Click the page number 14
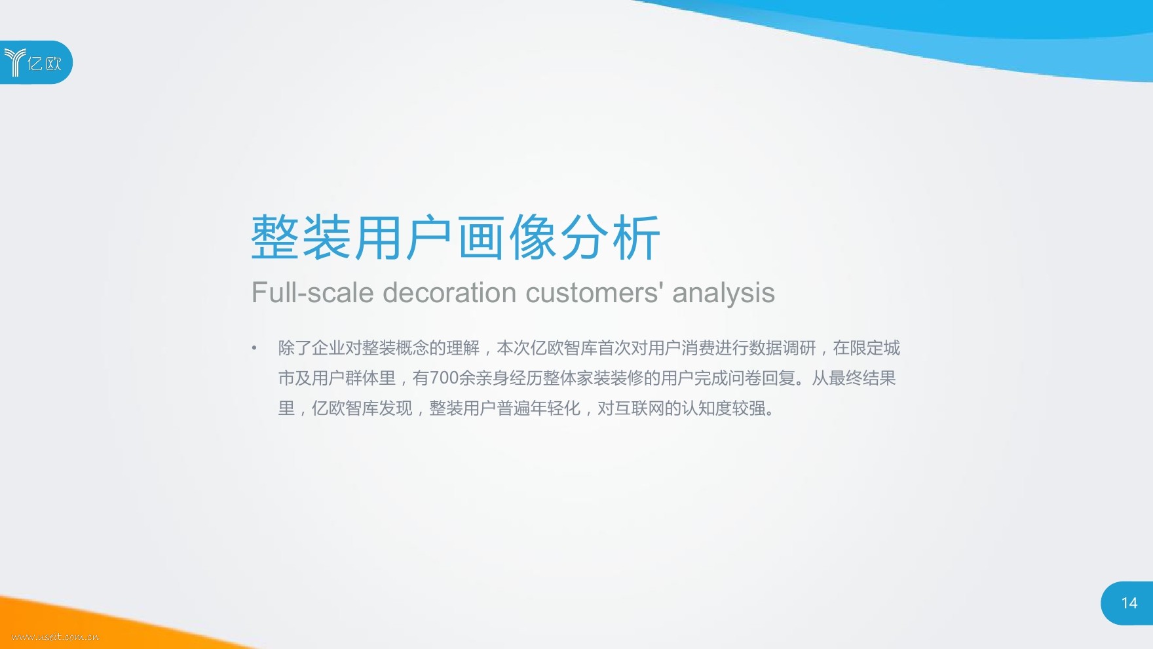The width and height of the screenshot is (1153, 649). tap(1129, 603)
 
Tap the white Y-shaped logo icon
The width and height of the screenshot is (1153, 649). tap(14, 62)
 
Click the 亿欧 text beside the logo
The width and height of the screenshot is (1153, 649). tap(45, 64)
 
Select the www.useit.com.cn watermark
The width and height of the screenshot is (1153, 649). tap(55, 637)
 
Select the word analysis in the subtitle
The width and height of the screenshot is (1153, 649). tap(723, 293)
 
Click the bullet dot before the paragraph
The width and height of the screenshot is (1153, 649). tap(254, 348)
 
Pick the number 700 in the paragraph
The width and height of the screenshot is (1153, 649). tap(444, 378)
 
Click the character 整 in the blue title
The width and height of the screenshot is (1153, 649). tap(276, 237)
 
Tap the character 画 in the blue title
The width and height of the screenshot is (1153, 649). tap(482, 237)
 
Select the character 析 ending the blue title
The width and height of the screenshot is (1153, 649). tap(636, 237)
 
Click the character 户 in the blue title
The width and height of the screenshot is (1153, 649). tap(430, 237)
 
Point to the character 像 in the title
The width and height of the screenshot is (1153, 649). tap(533, 237)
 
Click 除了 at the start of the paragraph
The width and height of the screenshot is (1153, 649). tap(295, 348)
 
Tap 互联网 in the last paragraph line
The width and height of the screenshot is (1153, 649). tap(639, 408)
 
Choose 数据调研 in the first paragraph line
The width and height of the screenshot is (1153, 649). tap(782, 348)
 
